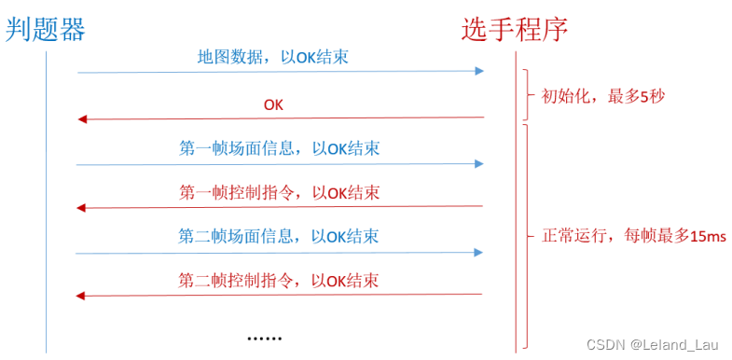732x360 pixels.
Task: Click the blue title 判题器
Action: click(46, 30)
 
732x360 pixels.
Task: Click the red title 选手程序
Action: click(515, 30)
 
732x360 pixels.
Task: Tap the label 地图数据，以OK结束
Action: click(273, 57)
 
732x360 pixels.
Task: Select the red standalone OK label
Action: click(273, 104)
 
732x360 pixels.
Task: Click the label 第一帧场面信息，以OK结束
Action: click(279, 148)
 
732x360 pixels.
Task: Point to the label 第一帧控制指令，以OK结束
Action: click(279, 192)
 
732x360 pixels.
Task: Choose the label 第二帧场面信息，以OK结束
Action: click(279, 236)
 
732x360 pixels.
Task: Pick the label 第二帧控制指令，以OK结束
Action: click(279, 280)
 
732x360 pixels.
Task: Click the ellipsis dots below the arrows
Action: click(264, 337)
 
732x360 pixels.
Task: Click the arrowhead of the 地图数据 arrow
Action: click(479, 72)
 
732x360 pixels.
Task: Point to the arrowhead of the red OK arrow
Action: click(82, 118)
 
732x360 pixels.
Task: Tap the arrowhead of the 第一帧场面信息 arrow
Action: click(479, 163)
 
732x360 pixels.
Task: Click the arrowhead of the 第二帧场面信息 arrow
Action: click(479, 252)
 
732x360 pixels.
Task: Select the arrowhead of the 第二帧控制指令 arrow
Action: click(82, 296)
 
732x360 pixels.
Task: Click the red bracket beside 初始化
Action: click(529, 95)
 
